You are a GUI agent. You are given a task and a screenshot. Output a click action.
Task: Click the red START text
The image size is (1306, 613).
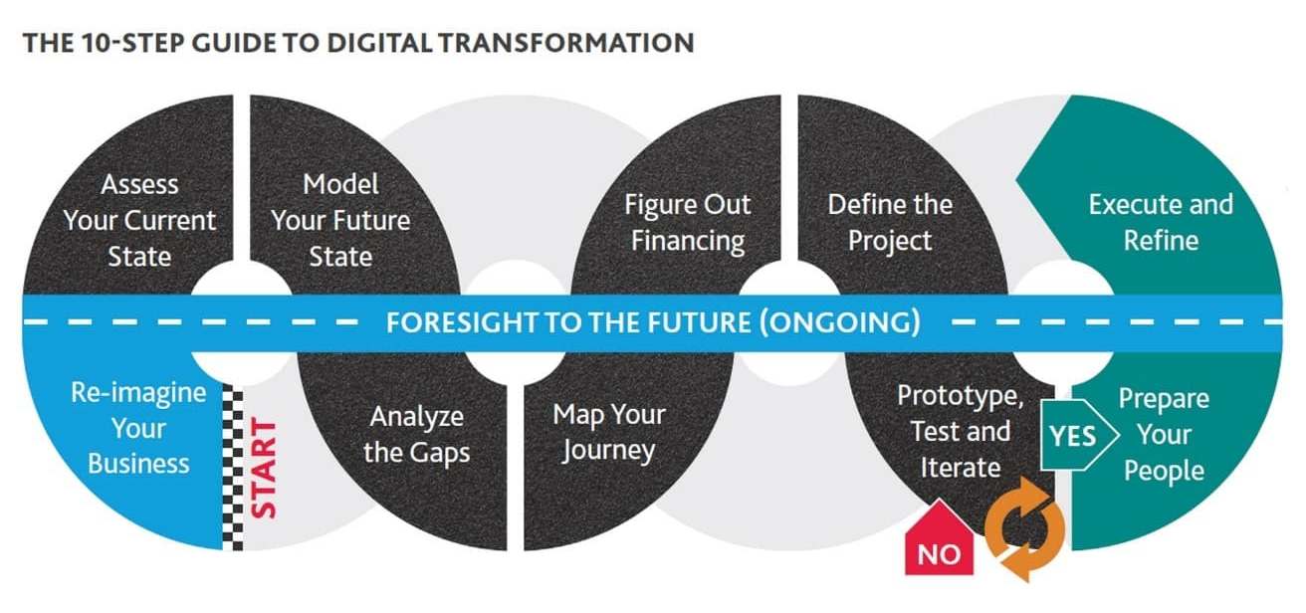click(263, 469)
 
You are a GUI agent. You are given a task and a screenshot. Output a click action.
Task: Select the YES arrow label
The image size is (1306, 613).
click(1079, 435)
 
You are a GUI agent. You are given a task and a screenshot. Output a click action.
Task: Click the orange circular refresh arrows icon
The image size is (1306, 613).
click(1025, 529)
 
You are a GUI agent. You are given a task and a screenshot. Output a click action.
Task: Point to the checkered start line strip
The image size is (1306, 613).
click(233, 470)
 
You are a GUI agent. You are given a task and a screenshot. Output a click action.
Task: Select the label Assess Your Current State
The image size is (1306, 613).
click(139, 220)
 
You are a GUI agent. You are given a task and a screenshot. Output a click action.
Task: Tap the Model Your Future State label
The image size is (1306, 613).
click(340, 220)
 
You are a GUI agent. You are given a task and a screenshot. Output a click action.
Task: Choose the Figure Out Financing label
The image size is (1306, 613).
click(688, 223)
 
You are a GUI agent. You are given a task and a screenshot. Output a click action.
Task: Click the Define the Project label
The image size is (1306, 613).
click(890, 223)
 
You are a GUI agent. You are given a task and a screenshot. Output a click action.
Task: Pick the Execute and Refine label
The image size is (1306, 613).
click(1161, 223)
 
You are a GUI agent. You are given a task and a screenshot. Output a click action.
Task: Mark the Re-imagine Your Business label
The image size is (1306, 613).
click(138, 428)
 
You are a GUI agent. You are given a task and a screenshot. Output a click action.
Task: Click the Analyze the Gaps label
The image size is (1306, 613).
click(416, 435)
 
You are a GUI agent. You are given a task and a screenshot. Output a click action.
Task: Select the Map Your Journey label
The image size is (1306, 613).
click(609, 432)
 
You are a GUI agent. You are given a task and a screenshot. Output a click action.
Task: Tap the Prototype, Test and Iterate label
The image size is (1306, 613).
click(961, 431)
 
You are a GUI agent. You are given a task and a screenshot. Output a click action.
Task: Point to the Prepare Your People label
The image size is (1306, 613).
click(1164, 435)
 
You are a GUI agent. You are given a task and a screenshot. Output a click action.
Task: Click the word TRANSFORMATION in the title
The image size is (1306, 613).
click(566, 43)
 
